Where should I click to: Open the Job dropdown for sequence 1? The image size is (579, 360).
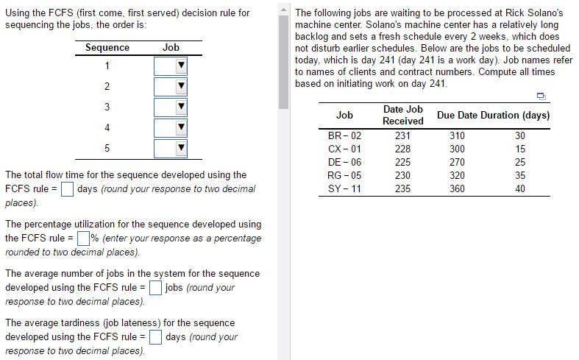click(x=171, y=67)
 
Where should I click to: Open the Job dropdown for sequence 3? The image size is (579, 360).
click(x=171, y=107)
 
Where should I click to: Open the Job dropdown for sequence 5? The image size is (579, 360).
click(x=171, y=149)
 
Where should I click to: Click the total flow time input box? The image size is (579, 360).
click(x=67, y=189)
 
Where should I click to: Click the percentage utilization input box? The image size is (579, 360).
click(x=83, y=239)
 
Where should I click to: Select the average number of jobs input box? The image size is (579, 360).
click(x=155, y=288)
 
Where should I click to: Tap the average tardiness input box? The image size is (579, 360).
click(x=155, y=337)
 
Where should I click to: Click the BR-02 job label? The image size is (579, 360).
click(x=344, y=136)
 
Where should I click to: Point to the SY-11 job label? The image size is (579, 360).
click(x=344, y=189)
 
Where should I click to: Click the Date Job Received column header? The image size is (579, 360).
click(x=403, y=115)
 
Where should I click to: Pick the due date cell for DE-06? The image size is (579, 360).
click(x=457, y=163)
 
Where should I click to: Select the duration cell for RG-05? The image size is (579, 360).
click(x=520, y=176)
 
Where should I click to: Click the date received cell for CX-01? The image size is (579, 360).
click(x=402, y=149)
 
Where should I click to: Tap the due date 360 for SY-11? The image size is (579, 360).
click(x=457, y=189)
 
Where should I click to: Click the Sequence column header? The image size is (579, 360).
click(x=107, y=48)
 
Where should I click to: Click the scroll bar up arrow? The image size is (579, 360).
click(x=284, y=9)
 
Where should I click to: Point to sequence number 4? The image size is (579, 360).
click(x=107, y=128)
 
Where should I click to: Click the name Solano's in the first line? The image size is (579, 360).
click(x=545, y=13)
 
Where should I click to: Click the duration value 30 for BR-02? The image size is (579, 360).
click(x=520, y=136)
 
